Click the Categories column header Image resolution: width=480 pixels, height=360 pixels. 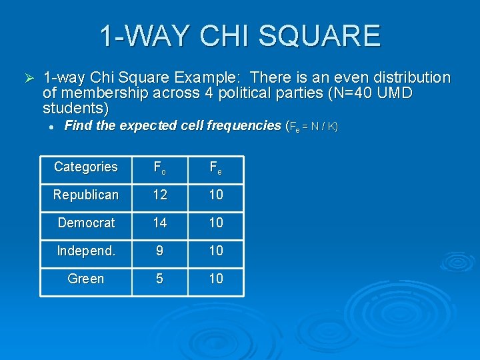pos(85,167)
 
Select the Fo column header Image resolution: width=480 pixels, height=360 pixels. pos(159,168)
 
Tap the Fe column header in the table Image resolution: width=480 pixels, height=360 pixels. pos(215,168)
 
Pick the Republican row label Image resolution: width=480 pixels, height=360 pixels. pos(85,195)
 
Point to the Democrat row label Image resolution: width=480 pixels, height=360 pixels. pos(86,223)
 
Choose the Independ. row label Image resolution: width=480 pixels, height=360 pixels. pos(85,251)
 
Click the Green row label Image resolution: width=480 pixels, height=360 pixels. pos(85,279)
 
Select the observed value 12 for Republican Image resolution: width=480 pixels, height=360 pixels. pos(159,195)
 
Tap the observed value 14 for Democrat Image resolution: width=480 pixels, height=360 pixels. pos(159,223)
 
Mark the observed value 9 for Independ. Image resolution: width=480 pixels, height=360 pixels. pos(159,251)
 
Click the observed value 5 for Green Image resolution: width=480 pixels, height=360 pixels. pos(159,279)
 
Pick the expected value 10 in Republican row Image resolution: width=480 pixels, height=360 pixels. pos(215,195)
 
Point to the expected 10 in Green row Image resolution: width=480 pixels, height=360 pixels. pos(215,279)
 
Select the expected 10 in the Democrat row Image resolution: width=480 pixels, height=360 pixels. pos(215,223)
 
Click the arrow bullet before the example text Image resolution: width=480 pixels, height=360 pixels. pos(27,79)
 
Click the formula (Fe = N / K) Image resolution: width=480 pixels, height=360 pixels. pos(311,127)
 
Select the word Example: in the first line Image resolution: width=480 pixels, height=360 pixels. pos(215,78)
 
